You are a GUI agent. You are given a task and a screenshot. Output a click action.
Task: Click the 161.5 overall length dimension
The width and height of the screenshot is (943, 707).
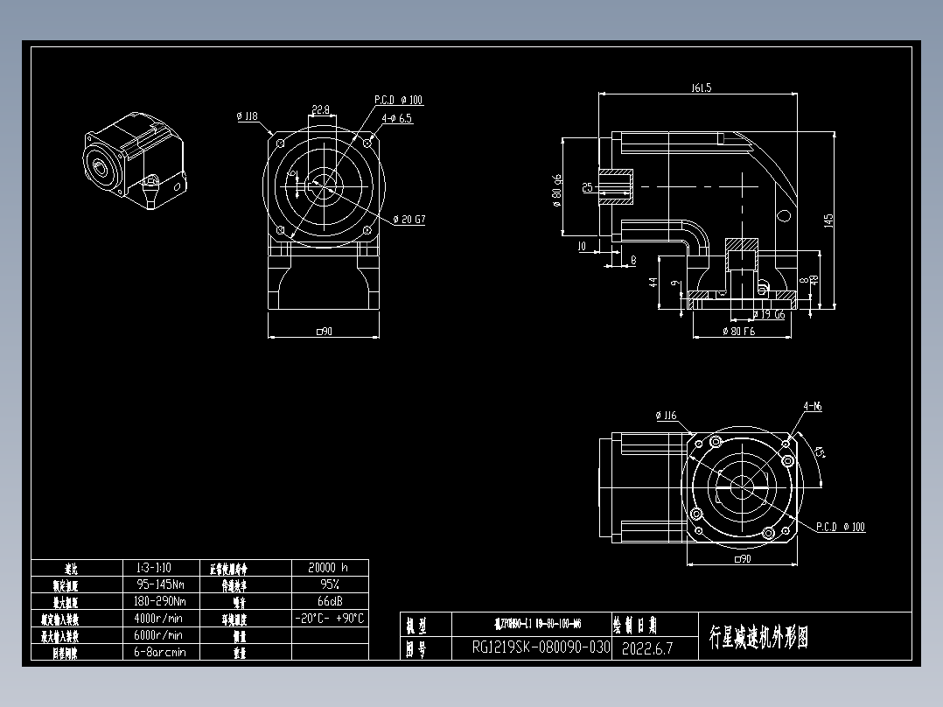pos(701,87)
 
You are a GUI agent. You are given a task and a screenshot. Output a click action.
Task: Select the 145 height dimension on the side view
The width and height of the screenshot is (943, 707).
pos(828,222)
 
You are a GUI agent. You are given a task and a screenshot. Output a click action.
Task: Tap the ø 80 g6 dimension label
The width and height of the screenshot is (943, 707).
pos(556,189)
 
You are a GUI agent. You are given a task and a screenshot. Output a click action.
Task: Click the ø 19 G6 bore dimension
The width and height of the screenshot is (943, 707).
pos(768,313)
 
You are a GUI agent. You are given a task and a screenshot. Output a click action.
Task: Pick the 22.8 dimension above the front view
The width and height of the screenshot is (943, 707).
pos(320,109)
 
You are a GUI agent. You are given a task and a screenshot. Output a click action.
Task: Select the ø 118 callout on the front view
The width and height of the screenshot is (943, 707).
pos(247,115)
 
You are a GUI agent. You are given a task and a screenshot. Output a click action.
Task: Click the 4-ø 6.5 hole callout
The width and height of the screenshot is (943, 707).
pos(395,117)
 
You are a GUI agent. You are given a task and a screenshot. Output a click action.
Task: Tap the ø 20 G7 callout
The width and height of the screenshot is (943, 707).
pos(409,220)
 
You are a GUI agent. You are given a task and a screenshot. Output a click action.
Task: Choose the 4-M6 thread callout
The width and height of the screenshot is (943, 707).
pos(813,406)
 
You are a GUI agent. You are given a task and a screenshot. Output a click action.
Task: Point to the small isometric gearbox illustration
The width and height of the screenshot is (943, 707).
pos(135,162)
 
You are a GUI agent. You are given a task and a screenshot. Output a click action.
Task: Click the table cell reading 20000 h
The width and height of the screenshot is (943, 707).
pos(328,567)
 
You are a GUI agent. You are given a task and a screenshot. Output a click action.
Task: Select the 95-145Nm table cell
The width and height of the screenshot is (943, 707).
pos(160,584)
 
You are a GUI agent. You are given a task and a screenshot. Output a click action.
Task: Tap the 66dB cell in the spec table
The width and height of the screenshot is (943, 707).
pos(328,601)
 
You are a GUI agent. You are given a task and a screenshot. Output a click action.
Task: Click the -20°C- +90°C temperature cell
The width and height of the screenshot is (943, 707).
pos(328,618)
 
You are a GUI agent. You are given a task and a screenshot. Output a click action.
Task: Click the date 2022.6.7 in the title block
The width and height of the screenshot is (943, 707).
pos(647,648)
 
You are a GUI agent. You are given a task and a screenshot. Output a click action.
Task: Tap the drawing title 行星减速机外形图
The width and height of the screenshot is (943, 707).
pos(758,637)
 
